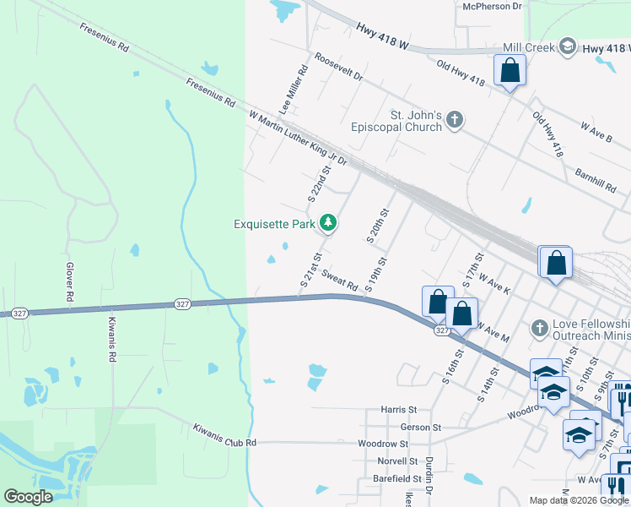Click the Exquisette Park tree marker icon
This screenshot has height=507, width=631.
click(328, 223)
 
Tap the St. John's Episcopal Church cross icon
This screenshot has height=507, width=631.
click(455, 119)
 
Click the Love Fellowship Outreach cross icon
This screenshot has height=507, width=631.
click(540, 327)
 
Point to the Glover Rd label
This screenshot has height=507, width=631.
click(70, 282)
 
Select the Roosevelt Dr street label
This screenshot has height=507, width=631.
click(337, 68)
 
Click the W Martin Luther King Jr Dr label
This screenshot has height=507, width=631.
click(297, 137)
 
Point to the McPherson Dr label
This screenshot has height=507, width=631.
click(493, 6)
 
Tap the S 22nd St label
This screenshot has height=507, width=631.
click(318, 186)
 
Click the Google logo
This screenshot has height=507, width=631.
click(29, 497)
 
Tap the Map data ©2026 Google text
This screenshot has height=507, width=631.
click(578, 500)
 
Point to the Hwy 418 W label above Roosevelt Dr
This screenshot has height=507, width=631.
click(382, 35)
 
